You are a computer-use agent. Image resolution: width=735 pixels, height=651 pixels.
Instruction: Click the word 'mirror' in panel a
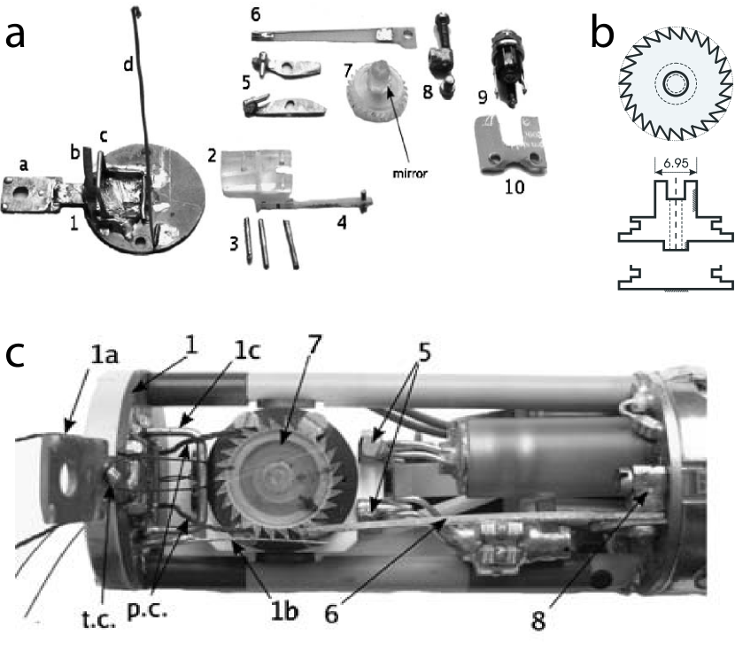pos(411,174)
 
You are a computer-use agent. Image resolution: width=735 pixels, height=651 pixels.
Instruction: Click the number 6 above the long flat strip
pos(255,15)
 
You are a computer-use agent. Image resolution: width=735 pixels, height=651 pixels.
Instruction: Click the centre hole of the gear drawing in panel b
pos(675,84)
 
